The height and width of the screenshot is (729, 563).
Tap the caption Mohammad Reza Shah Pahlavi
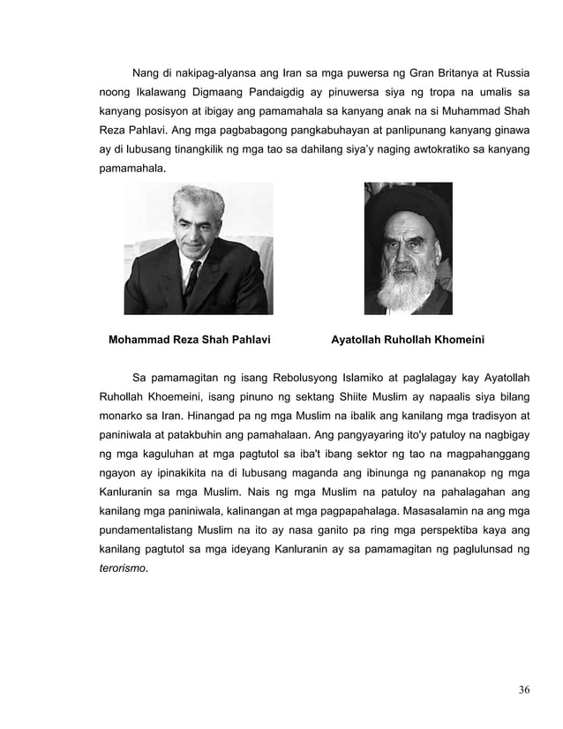coord(189,337)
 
